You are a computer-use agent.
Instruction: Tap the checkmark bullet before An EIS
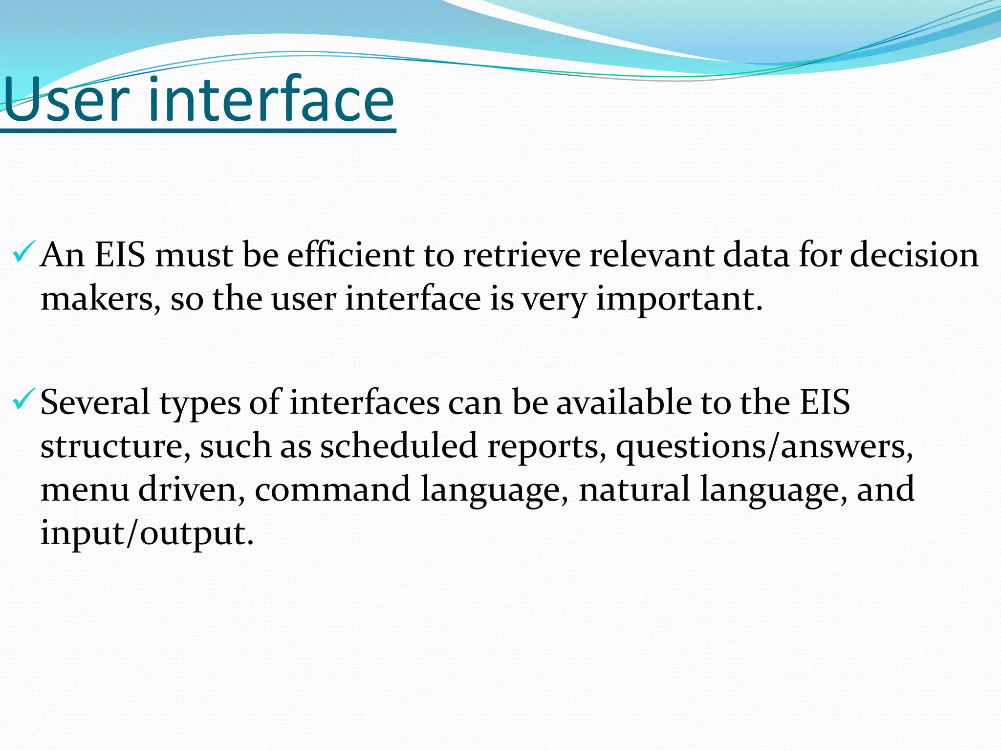click(23, 252)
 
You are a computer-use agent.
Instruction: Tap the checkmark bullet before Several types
click(23, 399)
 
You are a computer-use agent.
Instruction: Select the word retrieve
click(521, 255)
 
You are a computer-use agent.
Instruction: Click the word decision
click(914, 255)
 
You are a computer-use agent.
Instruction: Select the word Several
click(95, 403)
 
